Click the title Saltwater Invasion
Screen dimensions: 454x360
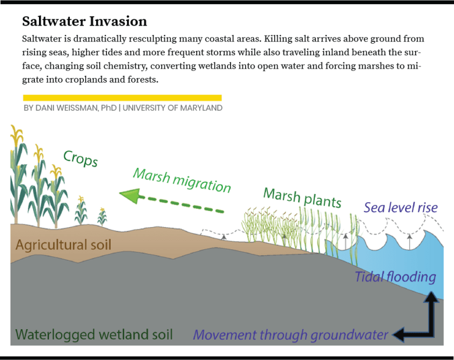click(x=84, y=22)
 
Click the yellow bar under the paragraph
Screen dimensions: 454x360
click(x=122, y=98)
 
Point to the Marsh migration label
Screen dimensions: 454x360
click(x=182, y=180)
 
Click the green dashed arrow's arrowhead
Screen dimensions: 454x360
click(x=129, y=196)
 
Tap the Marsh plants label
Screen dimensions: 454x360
click(x=302, y=197)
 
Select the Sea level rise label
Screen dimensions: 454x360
click(x=400, y=208)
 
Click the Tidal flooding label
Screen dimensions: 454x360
click(x=395, y=277)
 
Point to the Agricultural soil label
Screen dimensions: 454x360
click(x=63, y=245)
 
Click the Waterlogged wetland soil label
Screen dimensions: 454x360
click(x=94, y=335)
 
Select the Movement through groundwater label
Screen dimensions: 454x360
click(x=290, y=335)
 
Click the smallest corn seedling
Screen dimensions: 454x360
click(x=102, y=216)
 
